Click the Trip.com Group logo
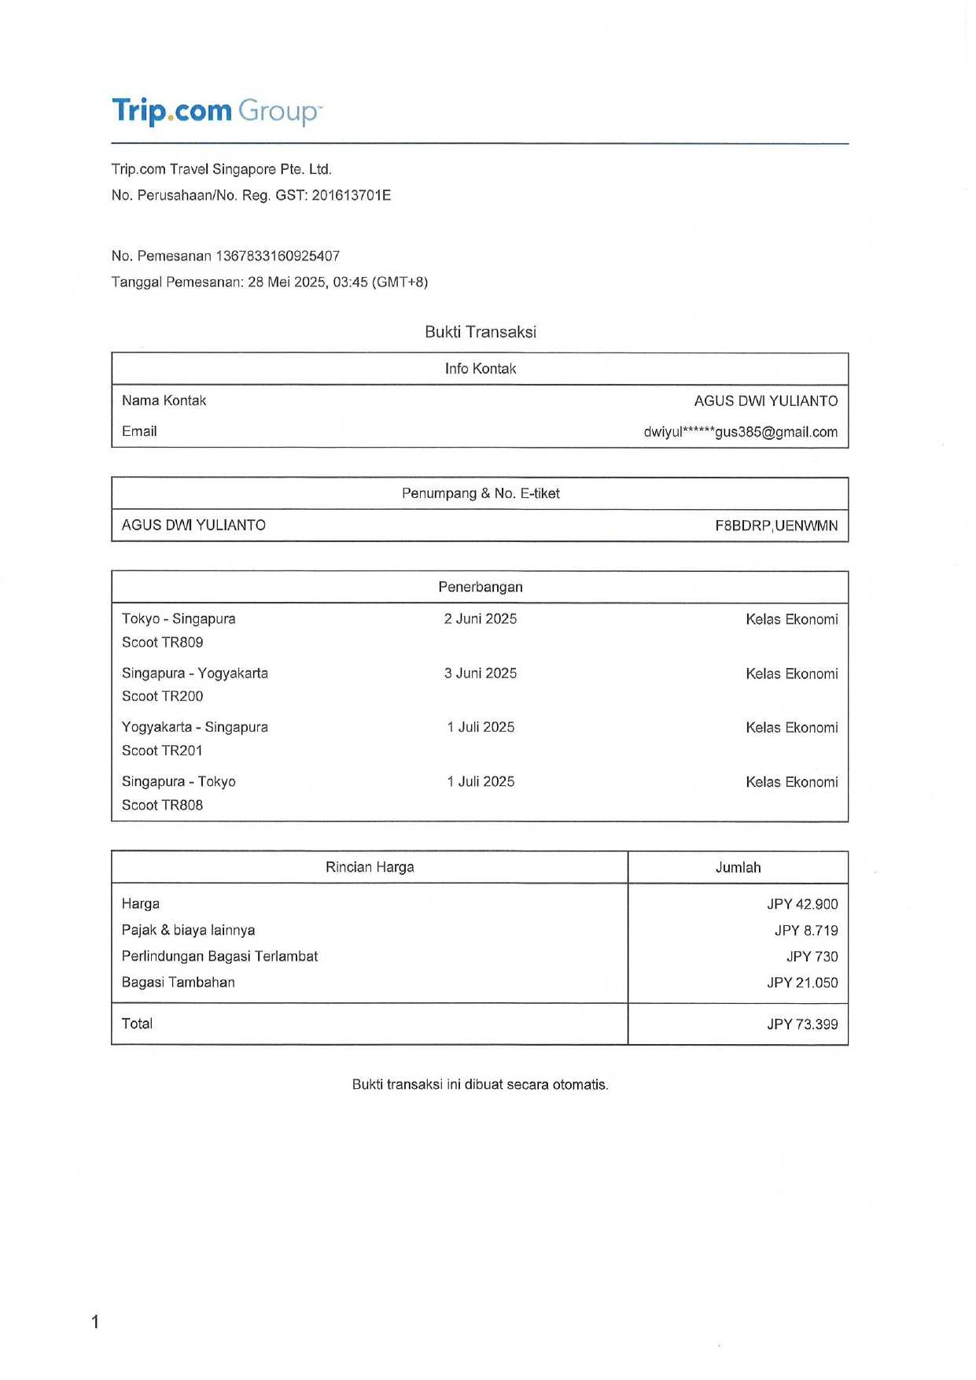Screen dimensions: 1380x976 [x=216, y=111]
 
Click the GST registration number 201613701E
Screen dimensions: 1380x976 [x=351, y=195]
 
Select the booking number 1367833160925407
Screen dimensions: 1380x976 [x=278, y=256]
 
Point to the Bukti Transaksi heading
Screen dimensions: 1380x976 [x=480, y=332]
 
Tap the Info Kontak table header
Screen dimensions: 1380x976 [x=480, y=369]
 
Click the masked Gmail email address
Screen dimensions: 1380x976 [x=740, y=432]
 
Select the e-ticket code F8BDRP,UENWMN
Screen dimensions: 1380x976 [x=775, y=526]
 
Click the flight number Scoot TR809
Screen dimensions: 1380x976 [x=162, y=642]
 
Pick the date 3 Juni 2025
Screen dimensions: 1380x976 [x=480, y=673]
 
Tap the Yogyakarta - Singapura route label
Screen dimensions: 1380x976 [x=194, y=727]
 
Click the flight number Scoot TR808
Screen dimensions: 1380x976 [x=162, y=805]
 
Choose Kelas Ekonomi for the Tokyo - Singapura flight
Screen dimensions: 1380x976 [x=791, y=619]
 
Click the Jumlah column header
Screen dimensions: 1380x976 [x=738, y=868]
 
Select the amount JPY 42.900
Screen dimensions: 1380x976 [x=802, y=905]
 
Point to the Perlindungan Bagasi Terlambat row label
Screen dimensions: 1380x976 [x=219, y=957]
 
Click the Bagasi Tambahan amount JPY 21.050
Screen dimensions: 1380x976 [x=802, y=983]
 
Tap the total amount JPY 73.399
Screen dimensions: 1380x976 [x=802, y=1024]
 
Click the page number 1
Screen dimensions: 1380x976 [x=95, y=1322]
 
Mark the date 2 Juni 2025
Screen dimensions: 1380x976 [x=480, y=619]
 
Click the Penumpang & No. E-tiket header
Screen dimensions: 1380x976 [x=480, y=494]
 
